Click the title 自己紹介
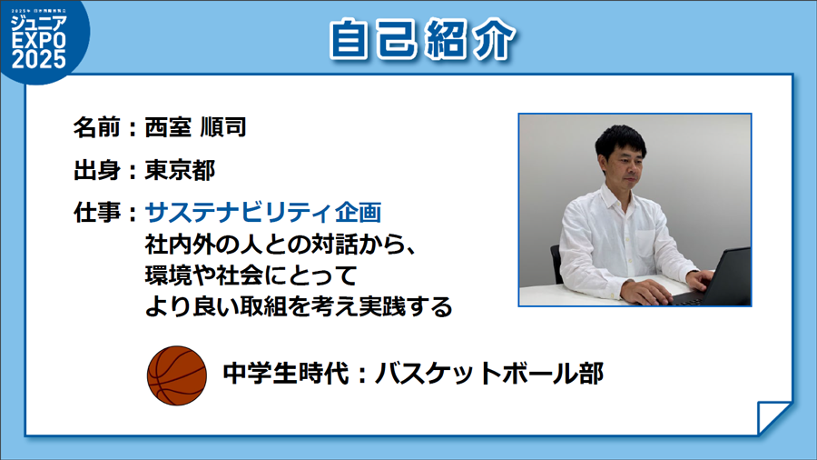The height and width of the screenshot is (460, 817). pos(422,40)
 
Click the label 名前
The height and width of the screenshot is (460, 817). pos(97,127)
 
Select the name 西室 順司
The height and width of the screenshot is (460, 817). pos(195,127)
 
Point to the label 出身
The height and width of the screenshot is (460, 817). pos(97,170)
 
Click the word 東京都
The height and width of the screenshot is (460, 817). pos(180,170)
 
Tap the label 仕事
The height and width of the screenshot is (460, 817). pos(97,212)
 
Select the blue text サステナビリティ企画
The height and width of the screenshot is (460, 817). pos(263,212)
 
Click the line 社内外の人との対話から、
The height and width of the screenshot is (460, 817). pos(281,244)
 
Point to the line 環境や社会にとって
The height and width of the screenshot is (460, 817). pos(251,275)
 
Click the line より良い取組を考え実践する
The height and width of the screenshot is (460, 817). pos(299,306)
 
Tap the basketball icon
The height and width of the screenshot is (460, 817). pos(177,375)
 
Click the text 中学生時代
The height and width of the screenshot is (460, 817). pos(286,374)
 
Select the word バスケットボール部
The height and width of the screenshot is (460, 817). pos(489,374)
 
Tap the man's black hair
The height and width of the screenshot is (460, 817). pos(621,141)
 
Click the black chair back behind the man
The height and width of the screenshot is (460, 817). pos(556,264)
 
